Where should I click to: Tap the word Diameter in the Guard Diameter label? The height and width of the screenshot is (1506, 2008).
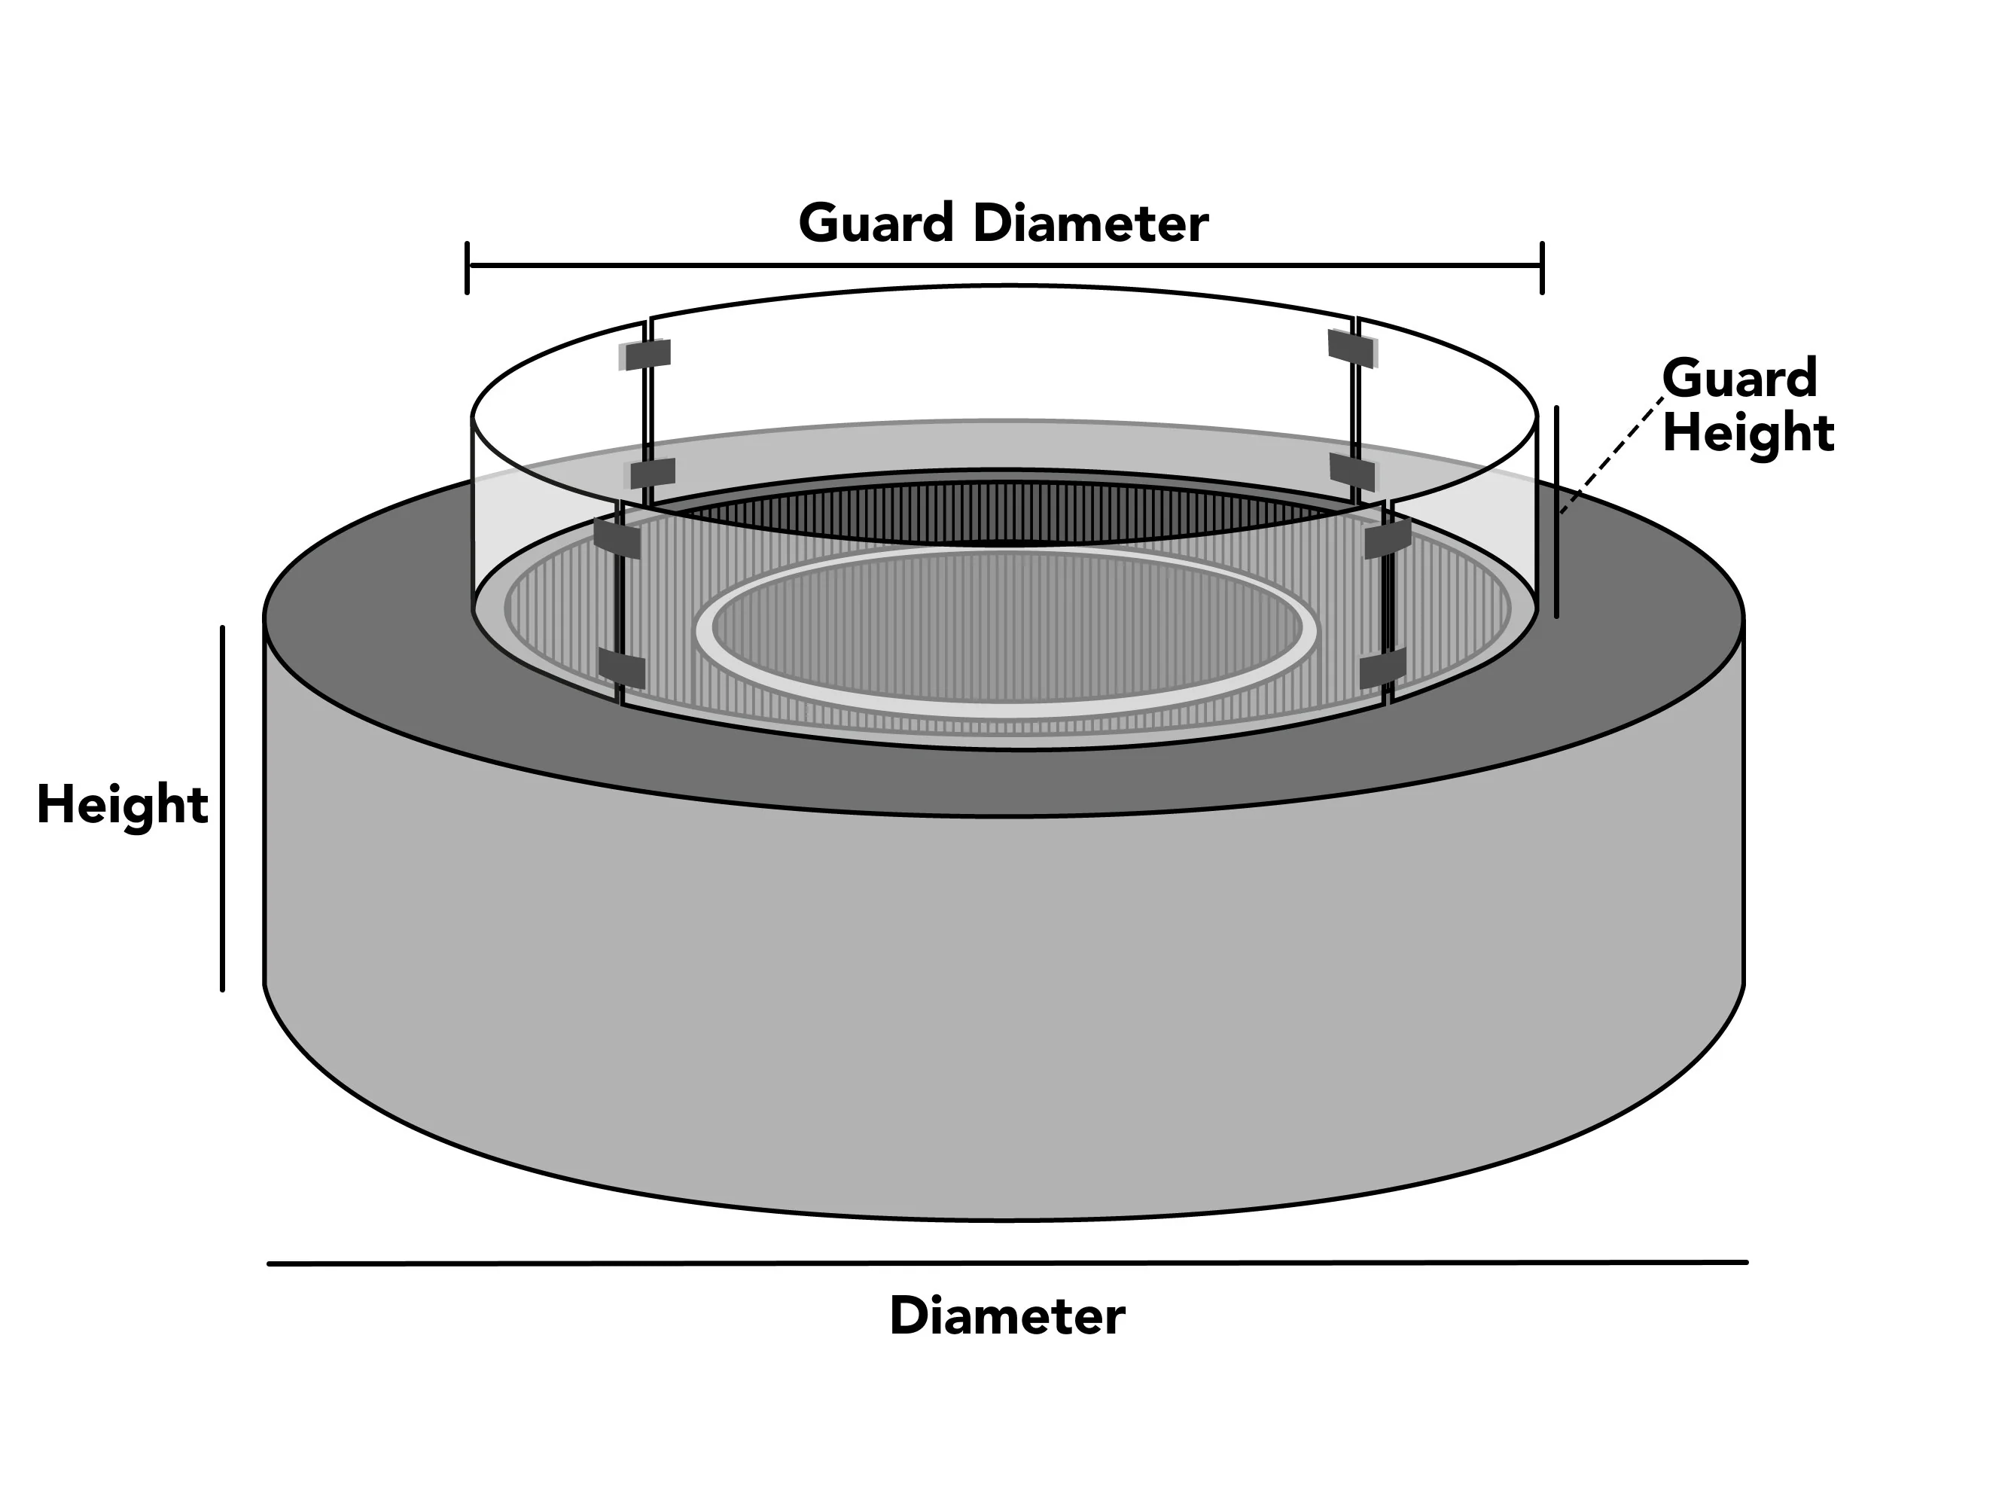1090,224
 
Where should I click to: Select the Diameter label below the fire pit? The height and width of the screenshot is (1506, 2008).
1007,1316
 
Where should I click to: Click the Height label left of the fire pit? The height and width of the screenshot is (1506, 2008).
123,805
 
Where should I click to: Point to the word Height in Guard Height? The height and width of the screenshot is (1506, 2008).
1748,433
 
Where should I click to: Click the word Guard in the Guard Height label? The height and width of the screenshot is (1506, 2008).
1739,378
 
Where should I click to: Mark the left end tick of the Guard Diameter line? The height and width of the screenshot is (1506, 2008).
468,268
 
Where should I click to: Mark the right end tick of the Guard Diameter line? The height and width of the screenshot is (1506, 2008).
1541,268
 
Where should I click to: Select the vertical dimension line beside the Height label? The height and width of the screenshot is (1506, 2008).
222,808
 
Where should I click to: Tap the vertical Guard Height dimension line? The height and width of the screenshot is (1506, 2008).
1556,512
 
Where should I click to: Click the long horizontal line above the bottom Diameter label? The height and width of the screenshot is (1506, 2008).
1007,1263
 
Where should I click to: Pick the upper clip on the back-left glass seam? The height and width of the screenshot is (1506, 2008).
646,354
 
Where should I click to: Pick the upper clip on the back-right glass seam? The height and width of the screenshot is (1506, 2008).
1351,347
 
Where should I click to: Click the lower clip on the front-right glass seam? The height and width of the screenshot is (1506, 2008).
1382,669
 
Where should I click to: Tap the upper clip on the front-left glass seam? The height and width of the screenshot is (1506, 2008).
617,538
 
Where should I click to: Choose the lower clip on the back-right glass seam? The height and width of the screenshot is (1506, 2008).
1352,470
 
